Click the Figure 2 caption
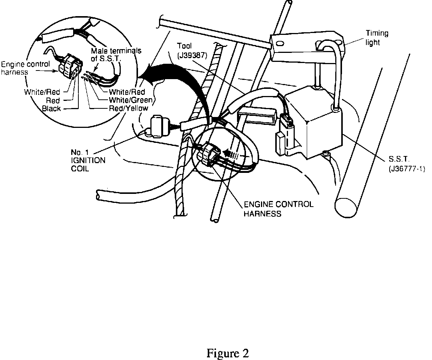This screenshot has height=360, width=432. tap(228, 353)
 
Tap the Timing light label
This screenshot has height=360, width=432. tap(377, 37)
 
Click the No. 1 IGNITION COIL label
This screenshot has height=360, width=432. tap(88, 160)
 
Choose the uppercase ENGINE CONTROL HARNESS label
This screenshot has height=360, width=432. tap(278, 209)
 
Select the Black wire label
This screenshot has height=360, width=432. tap(52, 108)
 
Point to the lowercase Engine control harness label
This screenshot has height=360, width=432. tap(25, 67)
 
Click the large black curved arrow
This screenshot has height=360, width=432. tap(176, 82)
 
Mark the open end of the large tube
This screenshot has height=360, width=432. tap(347, 206)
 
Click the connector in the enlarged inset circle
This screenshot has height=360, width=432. tap(70, 67)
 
